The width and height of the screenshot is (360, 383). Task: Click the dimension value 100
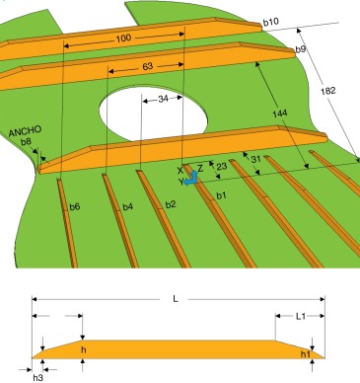pyautogui.click(x=122, y=38)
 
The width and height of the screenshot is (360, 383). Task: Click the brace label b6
pyautogui.click(x=74, y=206)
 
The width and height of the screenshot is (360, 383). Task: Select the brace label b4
pyautogui.click(x=126, y=206)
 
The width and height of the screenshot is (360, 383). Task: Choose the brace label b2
pyautogui.click(x=170, y=204)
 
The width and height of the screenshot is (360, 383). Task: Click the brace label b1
pyautogui.click(x=221, y=198)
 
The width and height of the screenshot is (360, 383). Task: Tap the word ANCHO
pyautogui.click(x=25, y=131)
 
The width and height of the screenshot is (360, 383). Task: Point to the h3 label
pyautogui.click(x=38, y=376)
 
